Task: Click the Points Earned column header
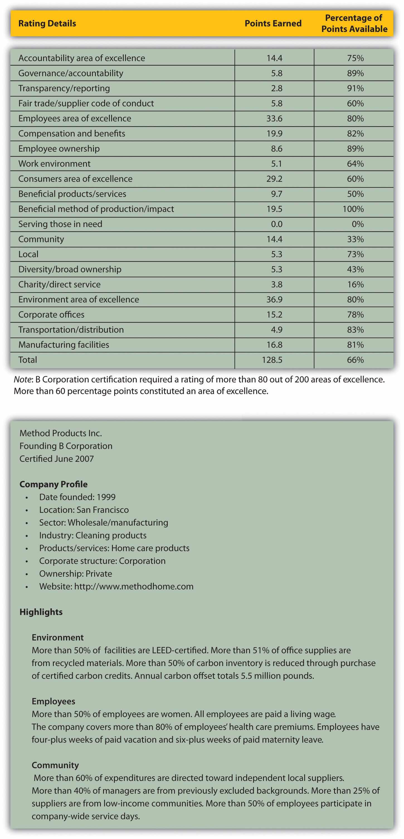tap(273, 23)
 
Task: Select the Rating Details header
tap(47, 23)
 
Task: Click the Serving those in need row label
tap(60, 224)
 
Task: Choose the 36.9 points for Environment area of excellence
tap(274, 299)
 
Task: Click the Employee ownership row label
tap(59, 148)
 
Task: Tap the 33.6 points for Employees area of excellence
tap(274, 119)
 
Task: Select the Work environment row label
tap(54, 164)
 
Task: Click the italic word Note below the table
tap(23, 380)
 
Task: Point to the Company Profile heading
tap(53, 484)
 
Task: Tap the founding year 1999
tap(106, 497)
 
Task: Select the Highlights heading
tap(41, 612)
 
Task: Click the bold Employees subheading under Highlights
tap(53, 701)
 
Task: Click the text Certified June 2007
tap(57, 458)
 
